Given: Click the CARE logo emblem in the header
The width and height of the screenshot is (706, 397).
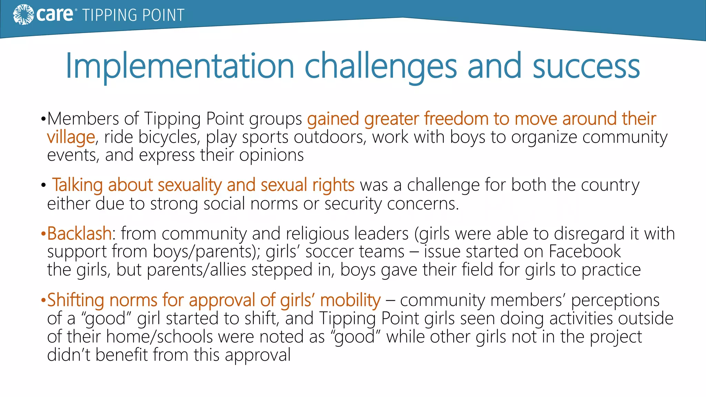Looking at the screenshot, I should [23, 15].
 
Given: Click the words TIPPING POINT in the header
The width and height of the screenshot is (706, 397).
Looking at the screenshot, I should [133, 16].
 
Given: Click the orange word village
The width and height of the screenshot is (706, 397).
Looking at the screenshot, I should [71, 137].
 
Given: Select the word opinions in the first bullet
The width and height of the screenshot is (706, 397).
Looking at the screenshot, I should [271, 155].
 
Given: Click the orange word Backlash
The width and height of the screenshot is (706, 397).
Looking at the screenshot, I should [79, 234].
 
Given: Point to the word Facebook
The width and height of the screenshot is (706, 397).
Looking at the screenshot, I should [585, 252].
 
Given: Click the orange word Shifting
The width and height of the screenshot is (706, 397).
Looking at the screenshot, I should [75, 300].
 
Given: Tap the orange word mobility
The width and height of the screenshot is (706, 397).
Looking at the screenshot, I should [350, 300].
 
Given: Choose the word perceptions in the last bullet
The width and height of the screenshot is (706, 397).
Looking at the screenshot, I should [615, 300].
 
